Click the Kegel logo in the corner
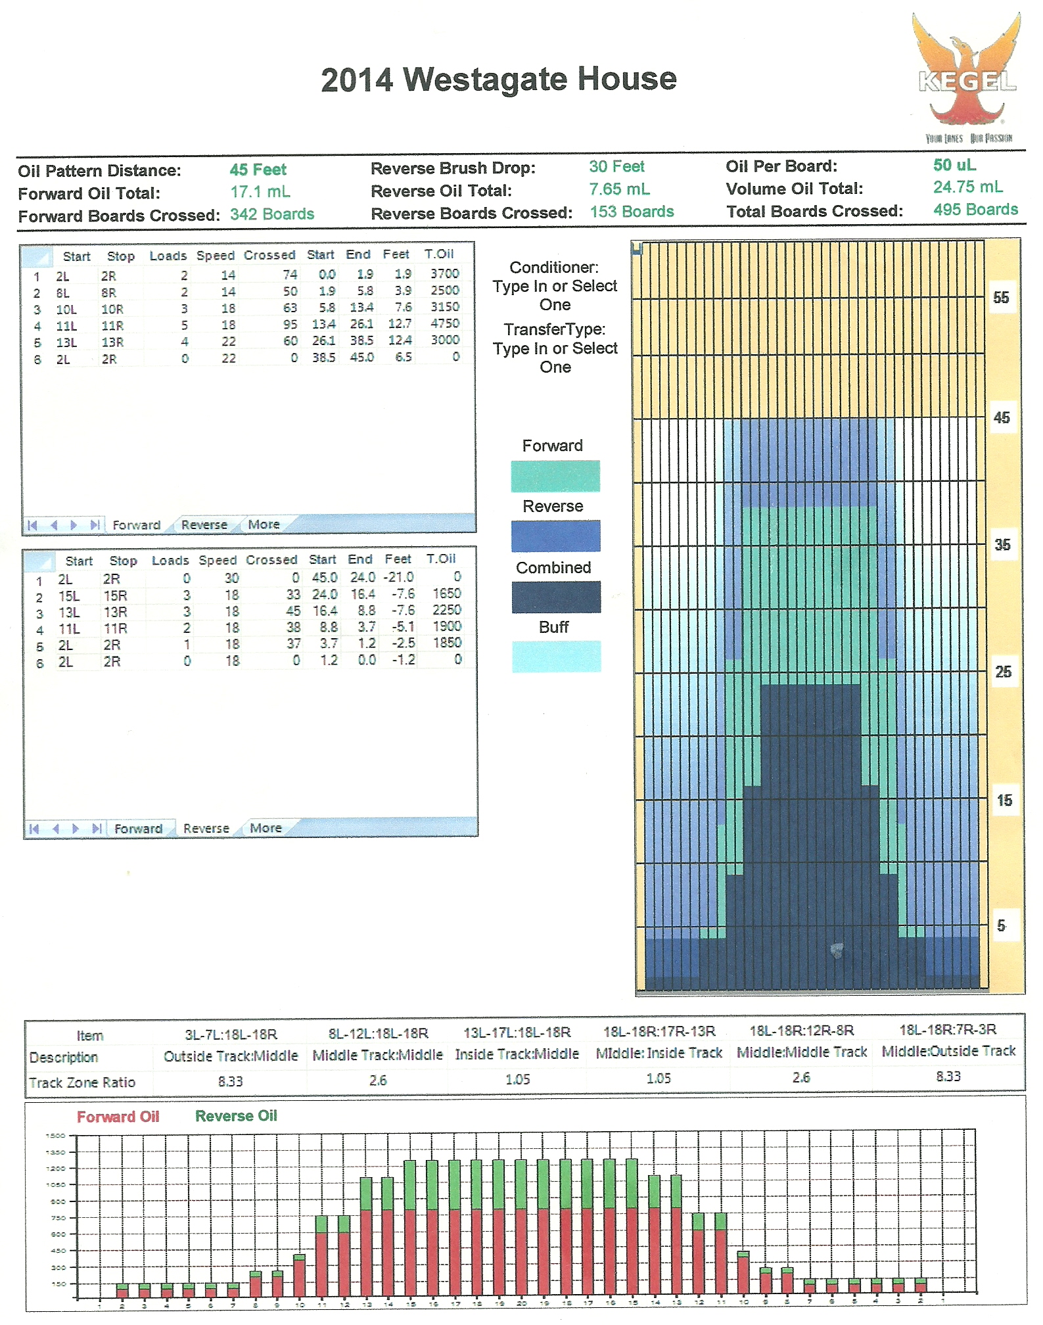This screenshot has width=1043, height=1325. [x=967, y=78]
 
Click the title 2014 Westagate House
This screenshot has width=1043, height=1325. [x=499, y=80]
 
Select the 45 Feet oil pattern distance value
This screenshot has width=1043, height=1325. [x=258, y=170]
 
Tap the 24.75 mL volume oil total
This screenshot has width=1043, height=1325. [x=967, y=187]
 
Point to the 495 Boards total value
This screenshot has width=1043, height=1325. [x=975, y=210]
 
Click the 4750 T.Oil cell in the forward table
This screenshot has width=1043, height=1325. [x=445, y=323]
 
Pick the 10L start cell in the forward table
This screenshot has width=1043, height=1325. [x=66, y=309]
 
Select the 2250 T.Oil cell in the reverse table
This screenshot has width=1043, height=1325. [x=447, y=610]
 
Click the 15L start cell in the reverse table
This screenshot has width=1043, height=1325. [x=69, y=596]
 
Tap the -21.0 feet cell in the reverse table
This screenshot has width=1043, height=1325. [x=399, y=577]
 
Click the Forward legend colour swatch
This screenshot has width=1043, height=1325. [x=555, y=476]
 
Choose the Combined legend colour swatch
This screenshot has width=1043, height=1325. [x=555, y=597]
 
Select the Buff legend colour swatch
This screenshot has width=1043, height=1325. [x=556, y=656]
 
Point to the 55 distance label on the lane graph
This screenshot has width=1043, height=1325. [x=1001, y=298]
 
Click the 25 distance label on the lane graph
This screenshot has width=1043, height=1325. [x=1003, y=672]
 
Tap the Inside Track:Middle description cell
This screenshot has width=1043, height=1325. [x=517, y=1054]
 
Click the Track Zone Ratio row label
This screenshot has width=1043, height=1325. [x=82, y=1082]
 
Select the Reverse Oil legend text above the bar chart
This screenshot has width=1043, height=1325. [x=236, y=1116]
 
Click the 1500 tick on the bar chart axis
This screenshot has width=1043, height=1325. [x=56, y=1136]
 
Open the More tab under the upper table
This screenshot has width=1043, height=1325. [x=264, y=524]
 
